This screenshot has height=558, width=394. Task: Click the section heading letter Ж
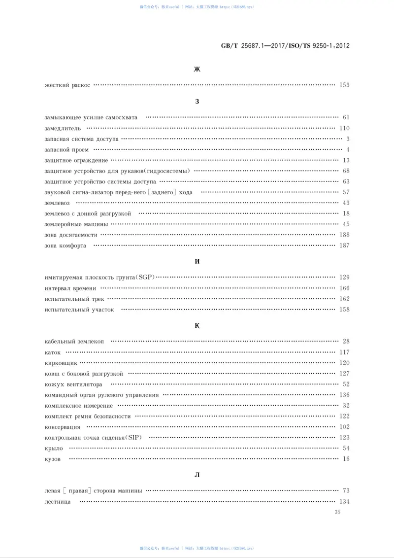[x=197, y=70]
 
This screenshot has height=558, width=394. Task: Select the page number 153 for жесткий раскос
[x=344, y=85]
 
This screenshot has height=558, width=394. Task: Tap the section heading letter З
[x=197, y=102]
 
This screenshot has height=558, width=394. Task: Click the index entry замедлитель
[x=59, y=128]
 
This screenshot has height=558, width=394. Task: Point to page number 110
[x=344, y=128]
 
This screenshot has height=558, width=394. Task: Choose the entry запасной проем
[x=66, y=150]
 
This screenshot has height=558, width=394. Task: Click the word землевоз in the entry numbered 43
[x=57, y=203]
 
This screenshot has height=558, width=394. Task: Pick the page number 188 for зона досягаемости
[x=344, y=235]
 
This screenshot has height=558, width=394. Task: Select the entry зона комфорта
[x=65, y=246]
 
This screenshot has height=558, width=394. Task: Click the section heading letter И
[x=197, y=261]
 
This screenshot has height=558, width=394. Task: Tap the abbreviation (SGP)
[x=146, y=278]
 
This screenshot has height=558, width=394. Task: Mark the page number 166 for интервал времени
[x=344, y=288]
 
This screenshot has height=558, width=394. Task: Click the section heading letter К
[x=197, y=325]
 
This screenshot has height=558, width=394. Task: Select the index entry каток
[x=52, y=352]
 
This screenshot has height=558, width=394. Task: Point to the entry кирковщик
[x=61, y=363]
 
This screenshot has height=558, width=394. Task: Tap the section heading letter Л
[x=197, y=475]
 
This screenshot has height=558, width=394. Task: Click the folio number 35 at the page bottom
[x=337, y=512]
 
